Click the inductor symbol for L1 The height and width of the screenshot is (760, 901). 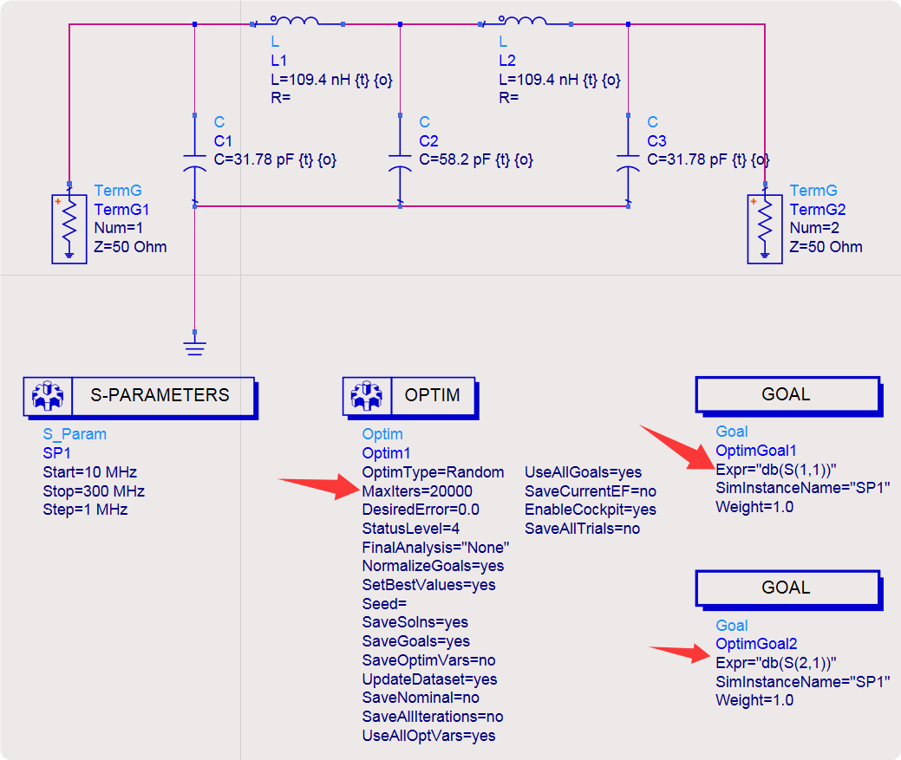point(295,21)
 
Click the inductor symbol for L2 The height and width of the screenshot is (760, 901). point(524,21)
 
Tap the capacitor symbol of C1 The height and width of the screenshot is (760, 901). point(194,162)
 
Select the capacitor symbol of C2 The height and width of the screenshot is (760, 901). point(400,162)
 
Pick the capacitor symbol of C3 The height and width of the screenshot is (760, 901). point(628,162)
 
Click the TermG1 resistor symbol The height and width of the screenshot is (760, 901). point(69,228)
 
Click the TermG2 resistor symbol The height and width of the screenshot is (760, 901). point(764,228)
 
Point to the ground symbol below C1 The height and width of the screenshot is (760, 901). point(194,347)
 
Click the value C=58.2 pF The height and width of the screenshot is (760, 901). point(475,160)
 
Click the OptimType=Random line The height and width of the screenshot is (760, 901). point(433,472)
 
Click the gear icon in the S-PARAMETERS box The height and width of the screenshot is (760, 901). point(47,396)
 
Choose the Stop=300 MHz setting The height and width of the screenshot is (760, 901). point(94,491)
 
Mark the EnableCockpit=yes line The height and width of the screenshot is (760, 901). point(591,510)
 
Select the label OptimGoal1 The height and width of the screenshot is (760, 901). point(756,451)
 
